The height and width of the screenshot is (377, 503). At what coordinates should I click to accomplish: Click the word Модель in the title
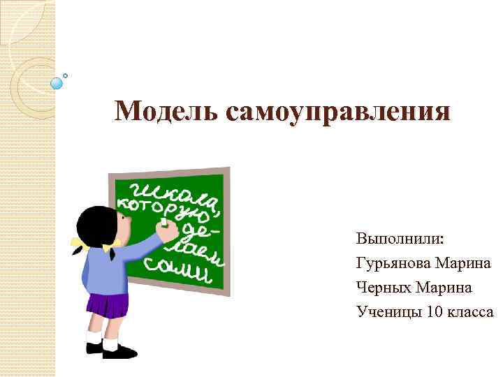point(161,110)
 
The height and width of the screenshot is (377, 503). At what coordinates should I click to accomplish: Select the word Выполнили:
point(400,238)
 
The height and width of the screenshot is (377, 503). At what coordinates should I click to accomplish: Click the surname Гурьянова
point(393,263)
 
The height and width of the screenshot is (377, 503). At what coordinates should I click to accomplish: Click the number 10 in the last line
point(434,312)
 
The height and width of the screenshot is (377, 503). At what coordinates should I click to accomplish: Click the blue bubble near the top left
point(57,83)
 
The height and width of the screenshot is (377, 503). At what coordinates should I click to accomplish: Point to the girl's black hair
point(94,223)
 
